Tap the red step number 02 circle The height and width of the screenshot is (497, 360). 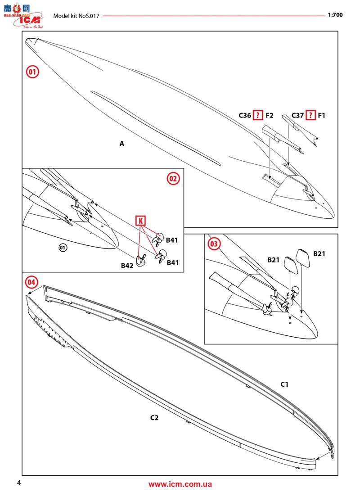tap(173, 178)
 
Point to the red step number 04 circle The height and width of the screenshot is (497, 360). tap(31, 282)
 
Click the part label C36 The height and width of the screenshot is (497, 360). tap(245, 116)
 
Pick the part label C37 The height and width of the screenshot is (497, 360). tap(297, 116)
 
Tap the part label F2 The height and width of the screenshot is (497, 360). tap(269, 116)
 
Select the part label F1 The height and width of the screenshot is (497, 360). tap(321, 116)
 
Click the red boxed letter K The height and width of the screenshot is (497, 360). tap(141, 221)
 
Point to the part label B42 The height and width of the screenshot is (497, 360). tap(127, 266)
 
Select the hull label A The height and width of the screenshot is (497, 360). tap(121, 144)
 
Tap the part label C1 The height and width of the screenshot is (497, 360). tap(284, 384)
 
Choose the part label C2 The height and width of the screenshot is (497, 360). tap(154, 418)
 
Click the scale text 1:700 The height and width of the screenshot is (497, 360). tap(335, 14)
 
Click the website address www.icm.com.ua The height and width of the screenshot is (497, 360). tap(180, 484)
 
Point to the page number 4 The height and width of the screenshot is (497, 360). tap(18, 483)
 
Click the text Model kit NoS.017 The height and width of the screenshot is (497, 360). tap(76, 15)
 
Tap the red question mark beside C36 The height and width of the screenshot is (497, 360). tap(257, 116)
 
